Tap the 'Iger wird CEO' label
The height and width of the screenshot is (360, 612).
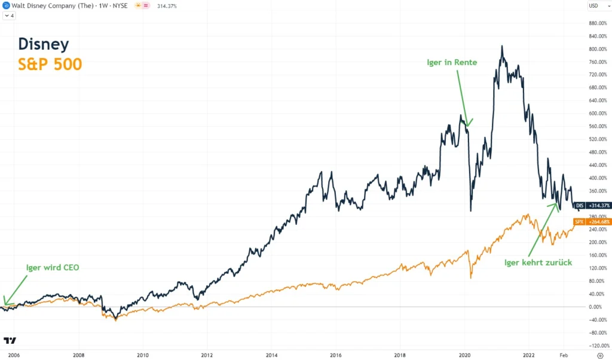click(53, 267)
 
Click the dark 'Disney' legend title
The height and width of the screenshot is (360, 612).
click(44, 44)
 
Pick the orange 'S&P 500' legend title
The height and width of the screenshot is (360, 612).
click(50, 64)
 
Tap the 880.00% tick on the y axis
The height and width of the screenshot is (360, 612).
click(599, 23)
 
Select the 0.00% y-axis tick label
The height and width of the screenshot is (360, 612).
click(595, 307)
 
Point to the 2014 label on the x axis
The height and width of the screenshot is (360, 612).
click(271, 355)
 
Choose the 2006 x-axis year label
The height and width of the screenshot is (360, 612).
click(14, 355)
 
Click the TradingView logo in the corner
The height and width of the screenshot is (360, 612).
click(10, 340)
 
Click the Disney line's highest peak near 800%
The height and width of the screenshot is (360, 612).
click(502, 46)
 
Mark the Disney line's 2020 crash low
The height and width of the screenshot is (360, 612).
click(471, 210)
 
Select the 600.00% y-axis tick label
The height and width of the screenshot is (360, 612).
click(599, 114)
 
